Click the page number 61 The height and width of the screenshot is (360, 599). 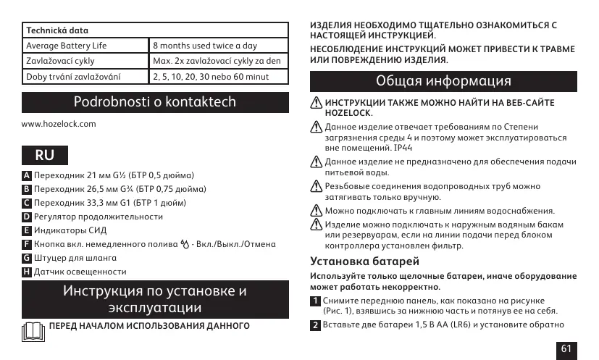(566, 349)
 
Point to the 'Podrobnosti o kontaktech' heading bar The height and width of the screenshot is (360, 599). (155, 101)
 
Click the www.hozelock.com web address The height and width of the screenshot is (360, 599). (59, 125)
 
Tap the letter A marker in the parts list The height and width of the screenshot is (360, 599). (27, 176)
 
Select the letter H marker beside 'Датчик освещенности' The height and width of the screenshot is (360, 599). (27, 272)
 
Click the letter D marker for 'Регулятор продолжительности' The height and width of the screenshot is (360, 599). (27, 217)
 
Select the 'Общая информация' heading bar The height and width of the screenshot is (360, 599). (443, 80)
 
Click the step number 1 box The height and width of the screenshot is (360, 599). (316, 301)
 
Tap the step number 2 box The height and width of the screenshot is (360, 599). (316, 325)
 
